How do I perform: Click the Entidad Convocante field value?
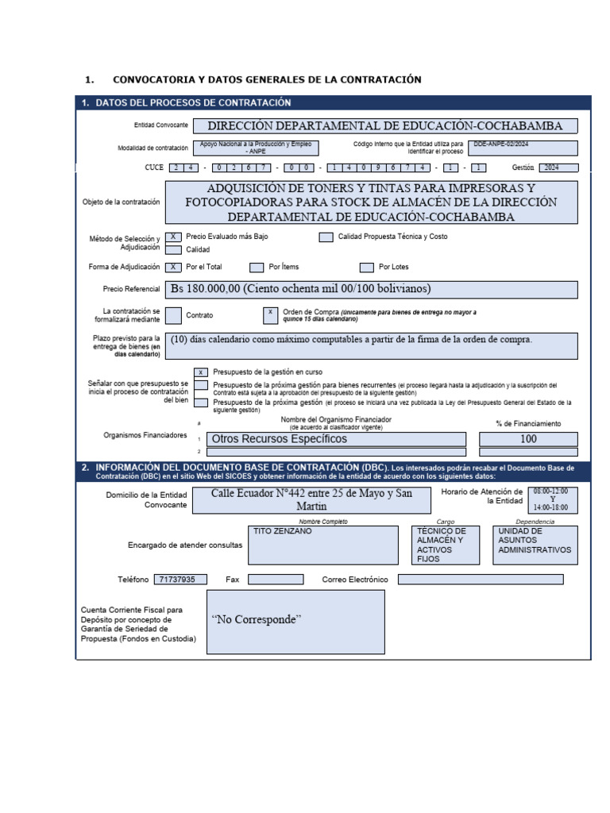click(x=384, y=126)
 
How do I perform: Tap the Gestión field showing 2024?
click(x=558, y=168)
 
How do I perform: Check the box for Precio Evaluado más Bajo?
click(x=173, y=237)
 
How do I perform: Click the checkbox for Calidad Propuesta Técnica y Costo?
click(x=326, y=237)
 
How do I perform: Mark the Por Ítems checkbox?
click(x=257, y=268)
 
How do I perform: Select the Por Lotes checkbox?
click(x=366, y=268)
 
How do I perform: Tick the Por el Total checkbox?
click(x=173, y=268)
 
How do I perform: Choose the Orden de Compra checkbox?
click(x=270, y=315)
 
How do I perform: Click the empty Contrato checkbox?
click(x=173, y=315)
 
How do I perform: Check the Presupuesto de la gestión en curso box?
click(x=202, y=372)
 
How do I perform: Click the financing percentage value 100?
click(x=528, y=439)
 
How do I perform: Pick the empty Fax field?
click(x=276, y=580)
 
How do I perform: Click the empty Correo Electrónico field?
click(x=480, y=580)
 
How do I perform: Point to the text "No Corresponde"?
click(x=257, y=619)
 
